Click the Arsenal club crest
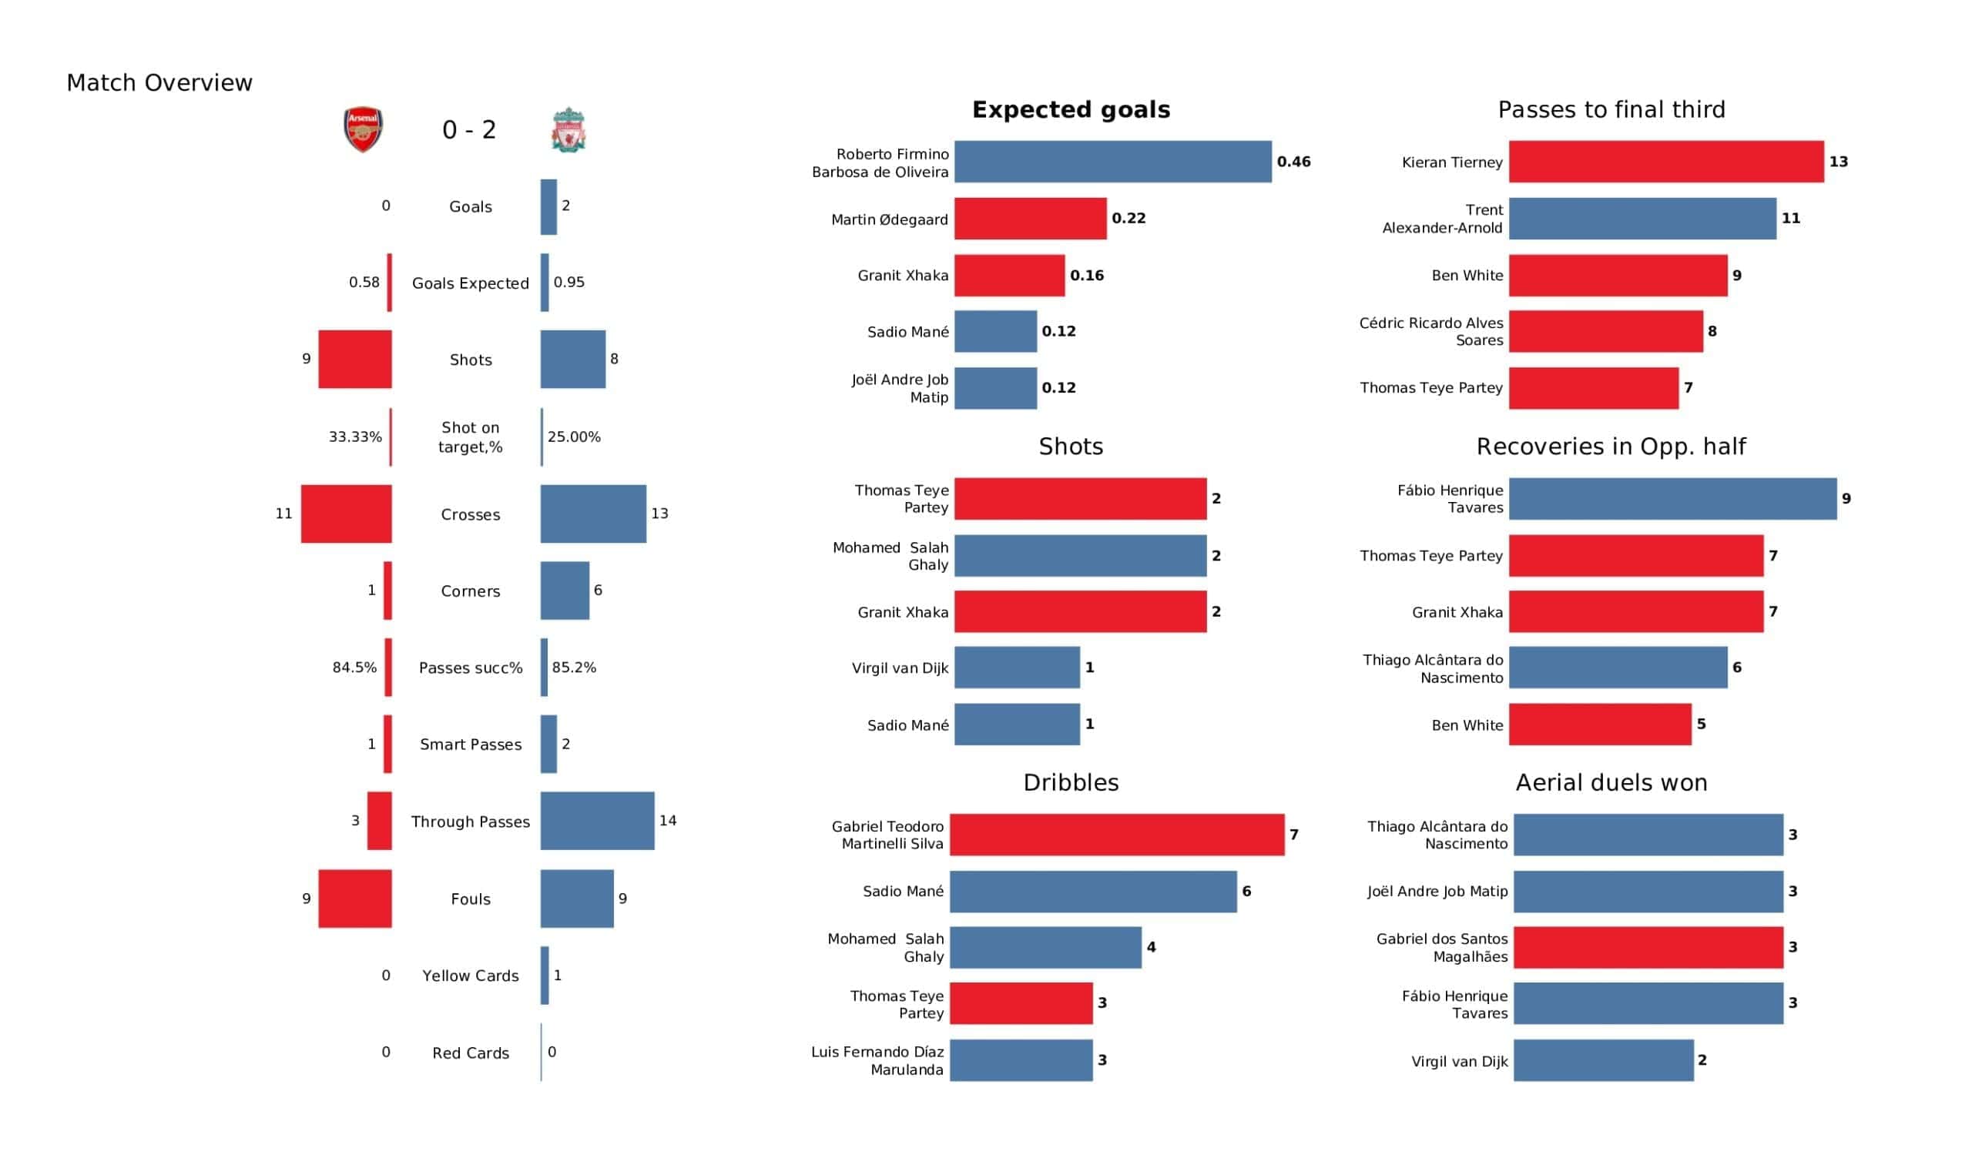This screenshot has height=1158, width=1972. (x=363, y=130)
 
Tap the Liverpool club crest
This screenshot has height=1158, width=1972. (x=569, y=130)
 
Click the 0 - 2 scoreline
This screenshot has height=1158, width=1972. (x=469, y=130)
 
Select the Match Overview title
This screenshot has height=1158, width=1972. (x=159, y=83)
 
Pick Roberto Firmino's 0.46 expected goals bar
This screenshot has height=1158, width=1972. (x=1113, y=162)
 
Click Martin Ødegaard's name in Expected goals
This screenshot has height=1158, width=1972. (x=889, y=220)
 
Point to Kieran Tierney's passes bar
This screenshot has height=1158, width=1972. (x=1666, y=162)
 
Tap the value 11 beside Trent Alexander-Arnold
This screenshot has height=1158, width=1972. (x=1790, y=219)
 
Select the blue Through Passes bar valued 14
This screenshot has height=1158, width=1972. (x=597, y=821)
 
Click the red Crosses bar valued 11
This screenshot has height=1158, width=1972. (x=347, y=514)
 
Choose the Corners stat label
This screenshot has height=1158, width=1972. (x=471, y=591)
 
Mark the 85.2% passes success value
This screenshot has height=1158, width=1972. (x=574, y=668)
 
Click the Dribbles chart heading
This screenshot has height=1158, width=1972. (x=1071, y=782)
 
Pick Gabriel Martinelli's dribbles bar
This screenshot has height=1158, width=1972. (x=1117, y=835)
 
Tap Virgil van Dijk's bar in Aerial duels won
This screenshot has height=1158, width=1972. (x=1604, y=1061)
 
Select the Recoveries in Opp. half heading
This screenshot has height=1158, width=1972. (x=1611, y=447)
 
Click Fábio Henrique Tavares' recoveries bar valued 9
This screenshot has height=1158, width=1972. (x=1672, y=499)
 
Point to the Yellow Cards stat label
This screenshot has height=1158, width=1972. (x=471, y=976)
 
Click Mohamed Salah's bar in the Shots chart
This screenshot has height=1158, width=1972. (x=1080, y=557)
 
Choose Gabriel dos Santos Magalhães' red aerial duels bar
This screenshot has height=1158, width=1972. (x=1648, y=948)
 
